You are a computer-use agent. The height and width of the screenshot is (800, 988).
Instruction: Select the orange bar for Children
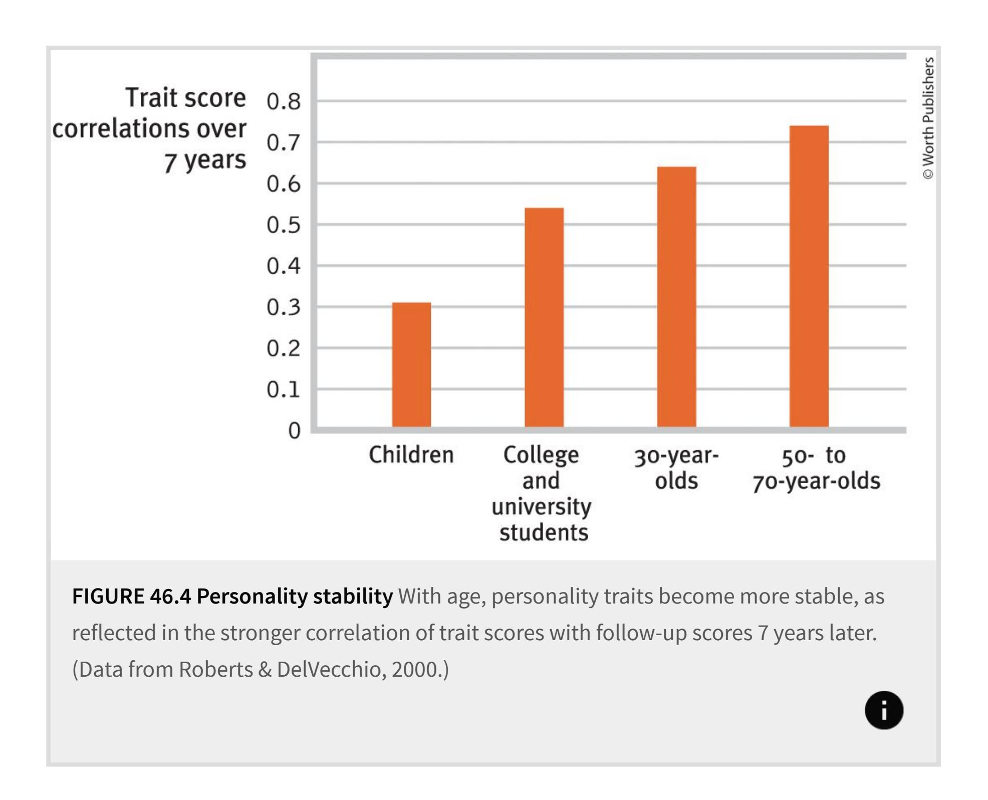(x=411, y=364)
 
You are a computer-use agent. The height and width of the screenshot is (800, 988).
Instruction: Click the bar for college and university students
(x=544, y=317)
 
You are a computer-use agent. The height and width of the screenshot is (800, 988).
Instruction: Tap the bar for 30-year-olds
(x=676, y=297)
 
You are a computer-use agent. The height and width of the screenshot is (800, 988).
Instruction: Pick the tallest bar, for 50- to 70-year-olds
(x=809, y=276)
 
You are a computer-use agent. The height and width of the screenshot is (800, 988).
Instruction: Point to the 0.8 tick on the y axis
(x=284, y=102)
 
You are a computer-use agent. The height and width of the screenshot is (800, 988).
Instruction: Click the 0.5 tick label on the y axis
(x=284, y=225)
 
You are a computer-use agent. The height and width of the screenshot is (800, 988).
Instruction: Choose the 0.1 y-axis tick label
(x=284, y=389)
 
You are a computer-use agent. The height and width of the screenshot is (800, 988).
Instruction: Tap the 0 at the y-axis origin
(x=294, y=431)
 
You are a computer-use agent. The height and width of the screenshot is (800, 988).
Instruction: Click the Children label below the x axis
(x=411, y=455)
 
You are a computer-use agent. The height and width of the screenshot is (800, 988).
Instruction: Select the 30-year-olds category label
(x=676, y=468)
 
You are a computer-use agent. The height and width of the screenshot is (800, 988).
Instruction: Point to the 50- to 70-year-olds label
(x=816, y=468)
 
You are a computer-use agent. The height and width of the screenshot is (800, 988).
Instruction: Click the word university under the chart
(x=542, y=507)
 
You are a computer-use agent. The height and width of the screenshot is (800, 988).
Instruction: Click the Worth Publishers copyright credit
(x=928, y=118)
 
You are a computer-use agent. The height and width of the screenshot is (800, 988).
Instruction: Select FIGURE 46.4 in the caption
(x=131, y=596)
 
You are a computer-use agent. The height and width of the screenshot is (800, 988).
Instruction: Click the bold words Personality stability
(x=295, y=596)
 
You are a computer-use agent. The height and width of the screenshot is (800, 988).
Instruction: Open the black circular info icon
(x=884, y=710)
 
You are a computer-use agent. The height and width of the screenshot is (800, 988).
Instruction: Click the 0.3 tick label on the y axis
(x=284, y=307)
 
